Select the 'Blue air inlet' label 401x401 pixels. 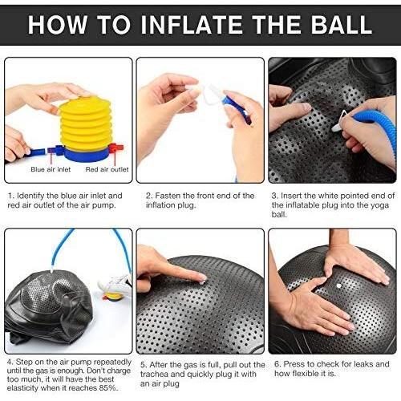51,169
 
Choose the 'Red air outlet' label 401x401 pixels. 107,169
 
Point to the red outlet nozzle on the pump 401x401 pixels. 116,148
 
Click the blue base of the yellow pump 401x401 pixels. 86,155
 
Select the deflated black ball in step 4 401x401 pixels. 49,307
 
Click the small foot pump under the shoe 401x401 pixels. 113,296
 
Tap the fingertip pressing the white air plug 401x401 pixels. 200,278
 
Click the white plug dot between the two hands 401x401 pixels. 339,286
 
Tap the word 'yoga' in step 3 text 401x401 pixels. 379,205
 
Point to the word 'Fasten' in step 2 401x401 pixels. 168,196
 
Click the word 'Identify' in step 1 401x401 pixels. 30,196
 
